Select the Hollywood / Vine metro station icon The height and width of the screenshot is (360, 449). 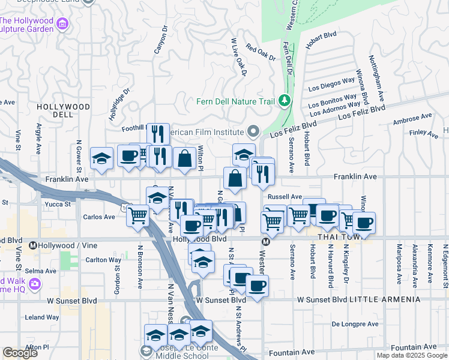(x=34, y=245)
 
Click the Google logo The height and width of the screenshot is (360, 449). (x=20, y=353)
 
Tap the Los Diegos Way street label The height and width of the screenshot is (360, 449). (x=332, y=83)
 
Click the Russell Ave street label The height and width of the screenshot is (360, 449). (x=285, y=196)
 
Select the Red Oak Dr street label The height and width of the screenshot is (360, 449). (x=260, y=53)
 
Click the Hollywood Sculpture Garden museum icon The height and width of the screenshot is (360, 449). (x=62, y=24)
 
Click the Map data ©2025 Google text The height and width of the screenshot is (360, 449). (x=411, y=355)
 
